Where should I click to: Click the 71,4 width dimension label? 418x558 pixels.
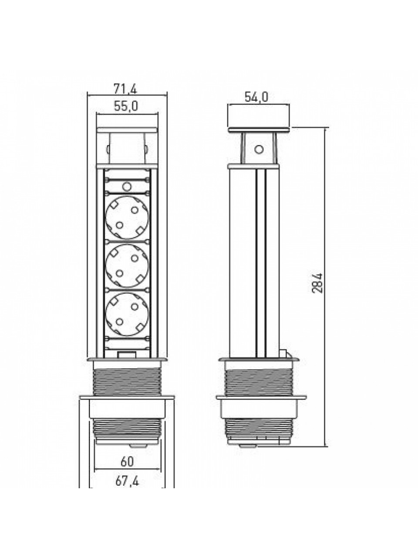(125, 89)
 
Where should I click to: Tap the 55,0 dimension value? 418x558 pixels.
(126, 106)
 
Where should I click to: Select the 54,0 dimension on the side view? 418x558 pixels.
(256, 97)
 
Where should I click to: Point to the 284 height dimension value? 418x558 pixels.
(317, 283)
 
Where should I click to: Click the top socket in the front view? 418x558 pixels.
(127, 218)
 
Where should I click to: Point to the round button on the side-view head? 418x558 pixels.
(259, 149)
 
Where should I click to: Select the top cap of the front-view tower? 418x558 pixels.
(127, 130)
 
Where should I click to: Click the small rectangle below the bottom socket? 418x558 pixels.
(126, 354)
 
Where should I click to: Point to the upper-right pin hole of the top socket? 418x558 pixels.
(135, 210)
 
